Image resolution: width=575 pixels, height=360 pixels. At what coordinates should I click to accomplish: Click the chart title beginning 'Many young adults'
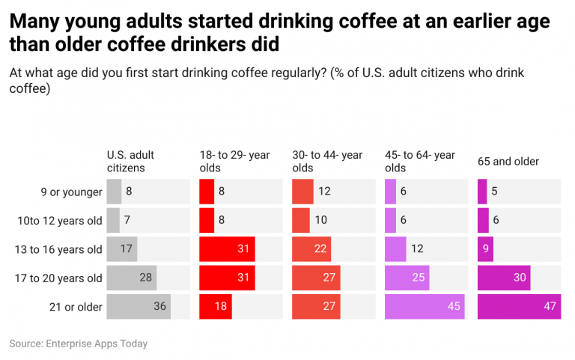[x=279, y=33]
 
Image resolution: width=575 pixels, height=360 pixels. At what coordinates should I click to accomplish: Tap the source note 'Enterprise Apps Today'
[x=79, y=344]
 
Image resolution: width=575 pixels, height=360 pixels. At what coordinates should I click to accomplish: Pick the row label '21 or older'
[x=75, y=307]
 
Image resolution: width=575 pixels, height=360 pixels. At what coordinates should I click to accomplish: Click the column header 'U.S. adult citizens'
[x=131, y=161]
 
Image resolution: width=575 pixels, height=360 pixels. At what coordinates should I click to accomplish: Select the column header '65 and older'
[x=508, y=162]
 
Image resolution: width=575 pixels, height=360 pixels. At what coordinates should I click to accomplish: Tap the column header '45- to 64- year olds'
[x=420, y=161]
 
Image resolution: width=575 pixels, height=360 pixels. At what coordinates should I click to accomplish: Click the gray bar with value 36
[x=139, y=307]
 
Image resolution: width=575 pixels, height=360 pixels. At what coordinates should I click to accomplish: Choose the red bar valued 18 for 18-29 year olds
[x=216, y=307]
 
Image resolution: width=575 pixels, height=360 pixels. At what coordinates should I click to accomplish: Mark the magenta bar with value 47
[x=519, y=307]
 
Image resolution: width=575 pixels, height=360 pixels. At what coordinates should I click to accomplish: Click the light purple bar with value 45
[x=425, y=307]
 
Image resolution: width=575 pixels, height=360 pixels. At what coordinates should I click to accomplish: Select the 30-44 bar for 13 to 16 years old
[x=311, y=249]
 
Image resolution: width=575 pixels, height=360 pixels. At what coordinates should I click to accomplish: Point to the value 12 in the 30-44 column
[x=324, y=192]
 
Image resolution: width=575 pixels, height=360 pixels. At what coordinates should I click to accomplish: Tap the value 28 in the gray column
[x=146, y=278]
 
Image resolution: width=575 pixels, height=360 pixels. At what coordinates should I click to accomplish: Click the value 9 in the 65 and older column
[x=485, y=249]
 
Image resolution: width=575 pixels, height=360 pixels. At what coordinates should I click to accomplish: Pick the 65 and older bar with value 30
[x=504, y=278]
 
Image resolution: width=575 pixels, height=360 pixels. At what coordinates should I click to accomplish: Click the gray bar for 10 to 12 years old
[x=113, y=221]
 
